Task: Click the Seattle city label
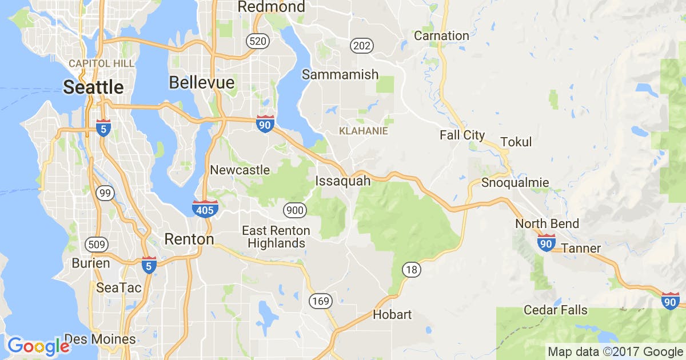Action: click(93, 87)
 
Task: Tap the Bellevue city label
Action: click(202, 83)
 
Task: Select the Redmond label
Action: click(271, 7)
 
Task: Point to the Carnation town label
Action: click(441, 35)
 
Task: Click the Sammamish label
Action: click(340, 74)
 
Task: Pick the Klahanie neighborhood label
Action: click(364, 131)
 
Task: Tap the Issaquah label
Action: click(342, 181)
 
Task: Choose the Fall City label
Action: click(462, 135)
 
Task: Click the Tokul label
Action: click(516, 142)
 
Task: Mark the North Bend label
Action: click(547, 223)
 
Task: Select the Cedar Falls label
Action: click(556, 310)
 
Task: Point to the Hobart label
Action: click(392, 314)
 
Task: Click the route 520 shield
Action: click(257, 41)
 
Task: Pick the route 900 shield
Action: click(294, 210)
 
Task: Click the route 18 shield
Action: click(411, 269)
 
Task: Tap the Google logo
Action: click(39, 346)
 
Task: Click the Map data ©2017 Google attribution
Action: click(615, 351)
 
